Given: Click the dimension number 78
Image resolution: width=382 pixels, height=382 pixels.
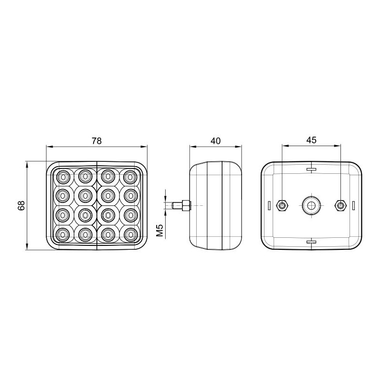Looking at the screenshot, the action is tap(96, 141).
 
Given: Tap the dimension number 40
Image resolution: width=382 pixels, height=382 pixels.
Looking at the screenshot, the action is tap(216, 141).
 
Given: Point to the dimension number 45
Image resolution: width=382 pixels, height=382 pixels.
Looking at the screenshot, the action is tap(311, 140).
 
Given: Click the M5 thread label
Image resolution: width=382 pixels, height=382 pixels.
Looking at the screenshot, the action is tap(159, 230).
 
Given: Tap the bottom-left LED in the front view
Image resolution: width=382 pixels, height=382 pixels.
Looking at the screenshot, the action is tap(63, 234).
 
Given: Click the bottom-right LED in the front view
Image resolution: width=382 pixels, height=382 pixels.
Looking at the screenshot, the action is tap(131, 234).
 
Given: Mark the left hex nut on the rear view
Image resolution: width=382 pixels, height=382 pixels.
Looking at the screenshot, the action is tap(282, 206).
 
